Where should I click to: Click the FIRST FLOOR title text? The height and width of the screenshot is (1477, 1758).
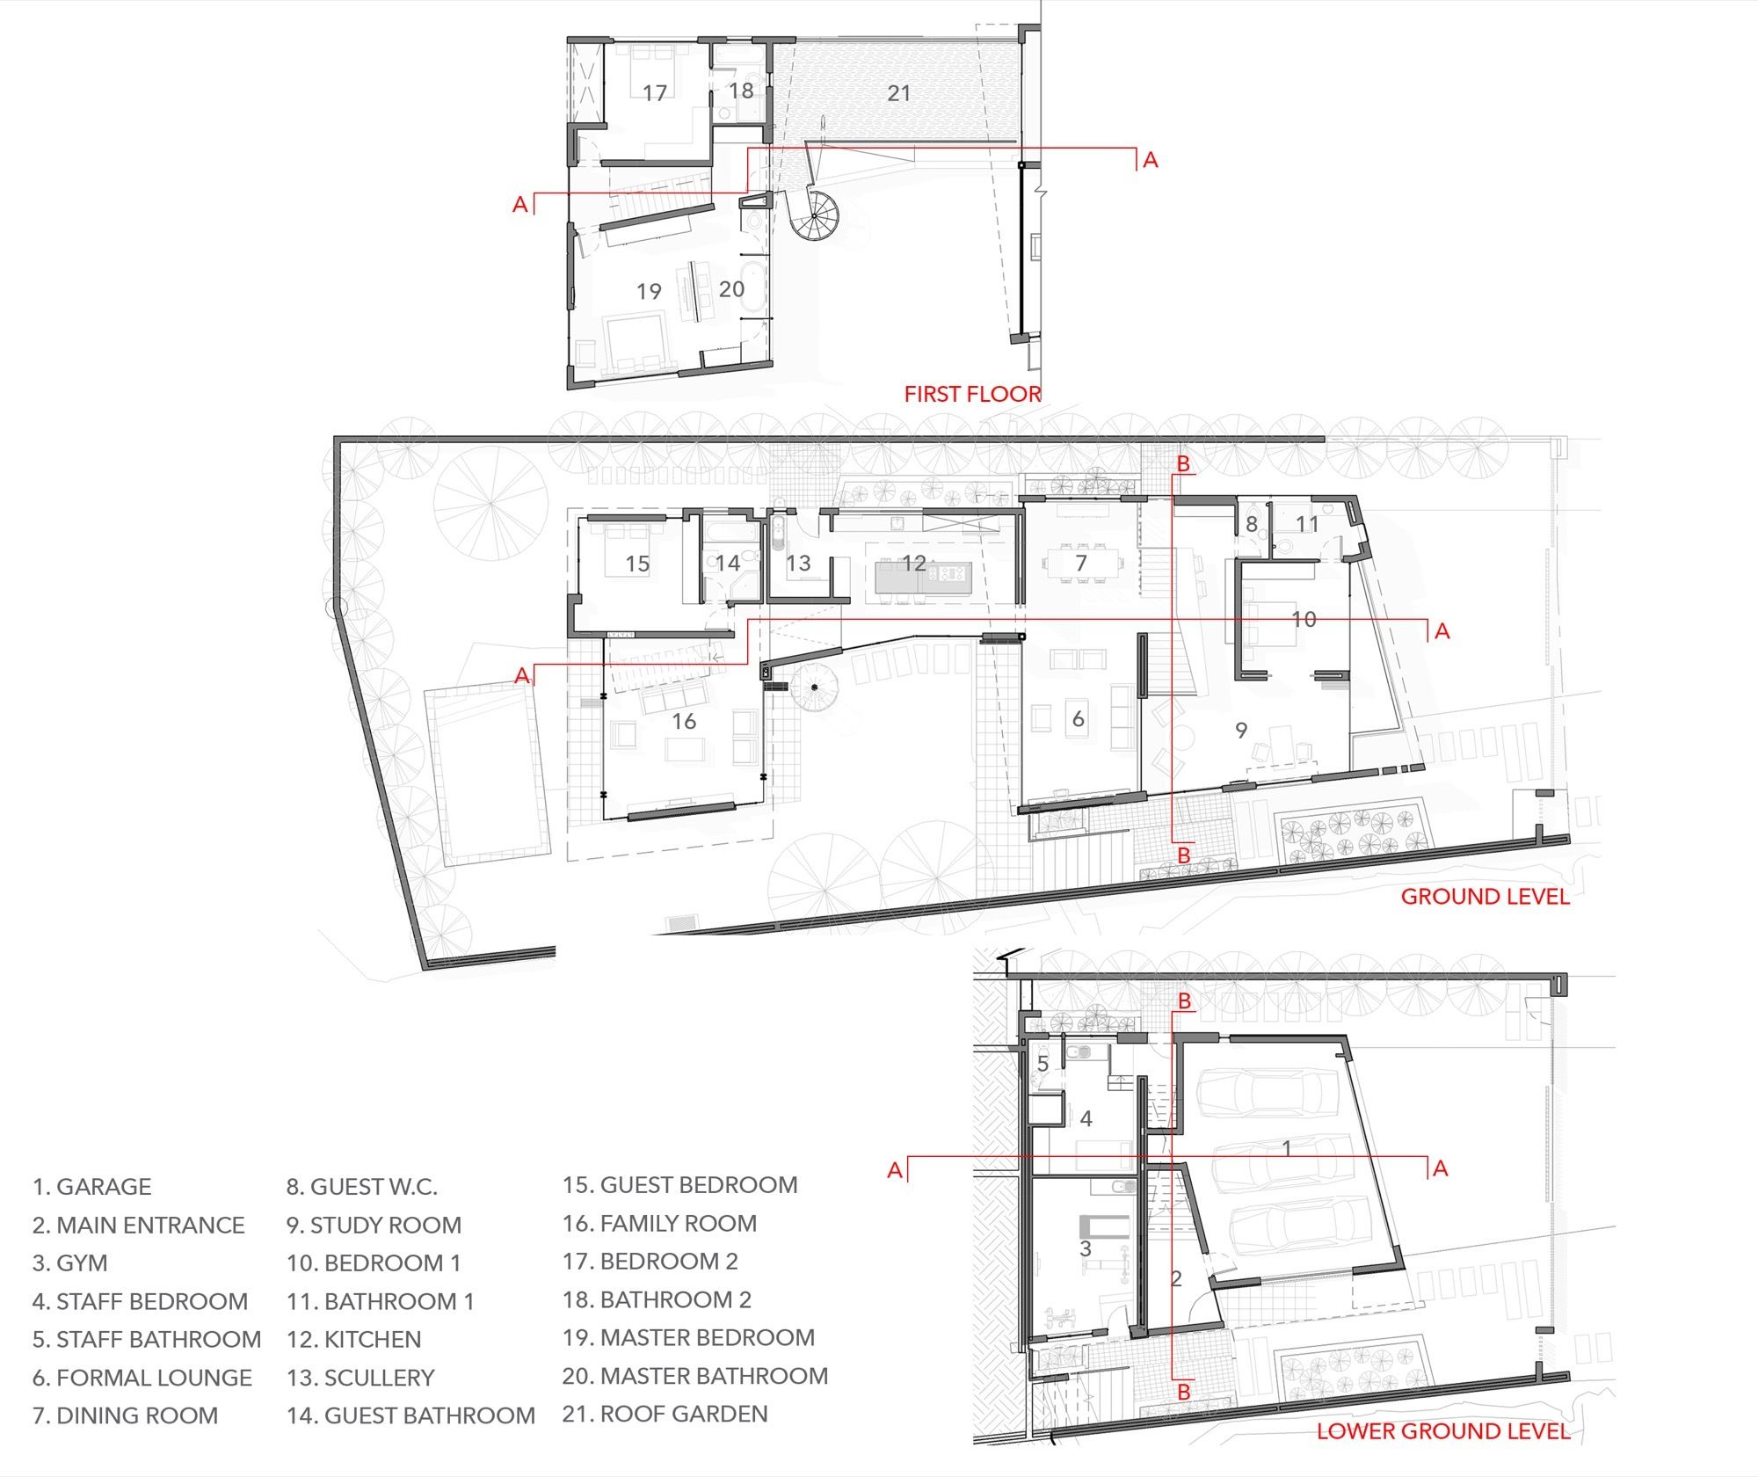pos(972,394)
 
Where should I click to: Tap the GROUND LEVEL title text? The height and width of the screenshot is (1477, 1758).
pos(1485,897)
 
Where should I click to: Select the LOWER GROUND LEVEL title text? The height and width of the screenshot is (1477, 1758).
pos(1442,1431)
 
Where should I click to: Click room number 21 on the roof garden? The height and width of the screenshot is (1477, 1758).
pos(898,93)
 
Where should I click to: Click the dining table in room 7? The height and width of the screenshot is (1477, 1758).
pos(1082,563)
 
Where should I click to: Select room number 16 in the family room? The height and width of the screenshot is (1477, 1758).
pos(684,722)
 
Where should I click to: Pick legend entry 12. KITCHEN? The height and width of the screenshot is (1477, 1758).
pos(354,1340)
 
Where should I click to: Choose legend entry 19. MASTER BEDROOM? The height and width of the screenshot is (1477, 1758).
pos(688,1337)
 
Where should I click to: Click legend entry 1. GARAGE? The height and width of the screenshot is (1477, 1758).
pos(91,1187)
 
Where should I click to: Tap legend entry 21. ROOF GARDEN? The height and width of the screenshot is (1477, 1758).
pos(665,1414)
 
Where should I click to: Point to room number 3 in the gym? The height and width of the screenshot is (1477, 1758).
pos(1085,1248)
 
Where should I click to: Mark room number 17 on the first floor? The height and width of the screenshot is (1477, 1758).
pos(654,92)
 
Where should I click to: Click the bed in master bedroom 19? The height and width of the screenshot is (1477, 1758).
pos(635,341)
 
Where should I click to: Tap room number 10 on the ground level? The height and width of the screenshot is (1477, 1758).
pos(1304,619)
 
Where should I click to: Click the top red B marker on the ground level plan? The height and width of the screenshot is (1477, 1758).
pos(1183,463)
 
